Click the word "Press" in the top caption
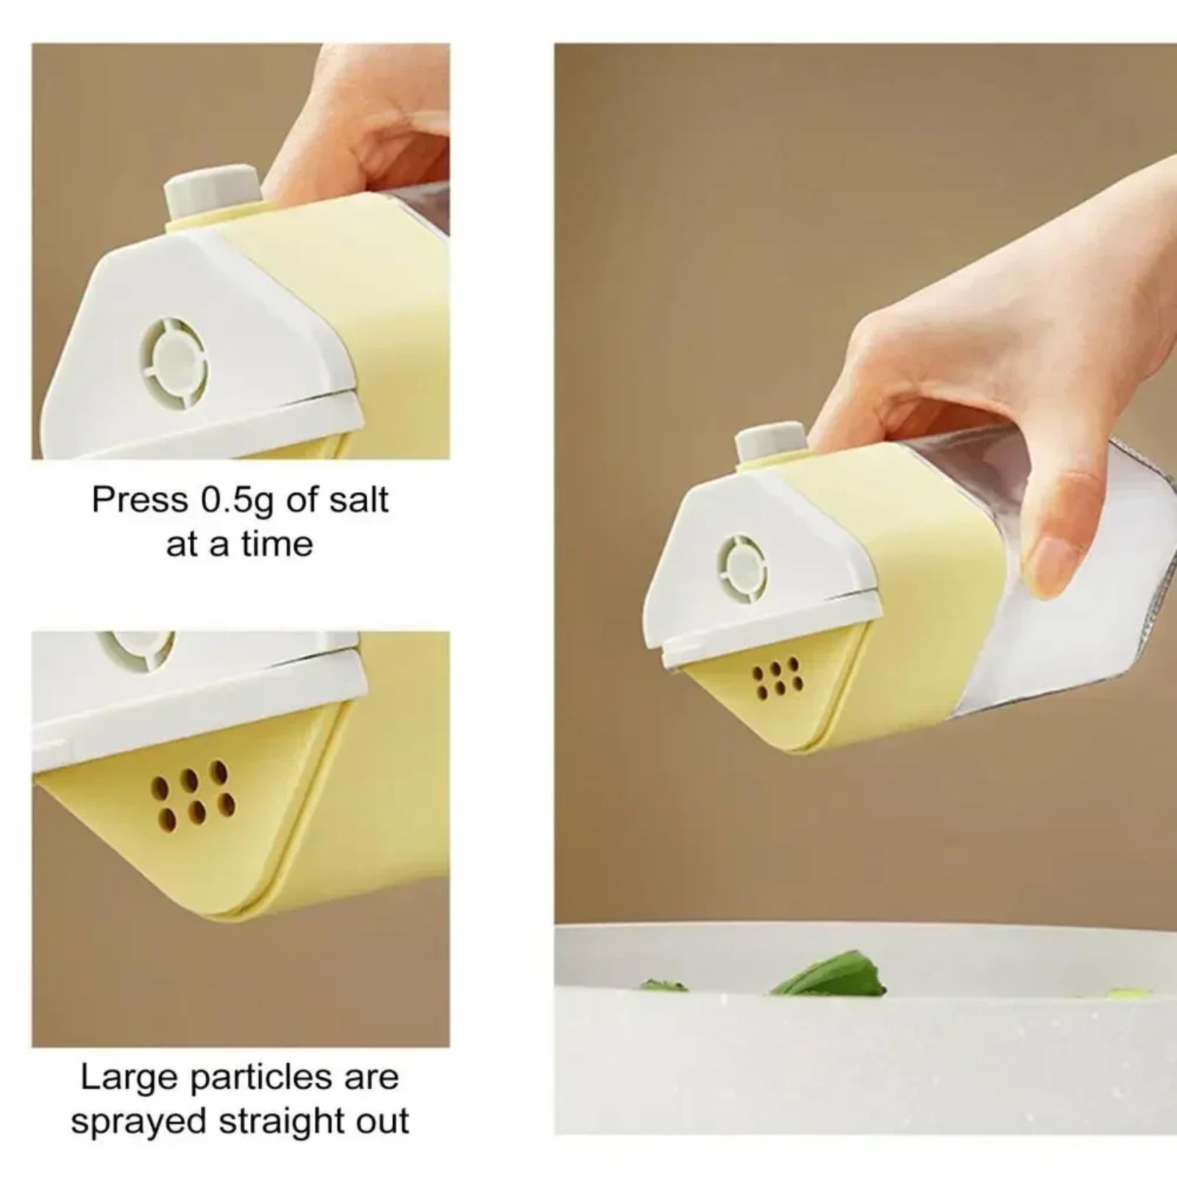pyautogui.click(x=140, y=500)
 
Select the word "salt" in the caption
pyautogui.click(x=358, y=500)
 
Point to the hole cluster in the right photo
pyautogui.click(x=776, y=678)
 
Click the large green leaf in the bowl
pyautogui.click(x=831, y=972)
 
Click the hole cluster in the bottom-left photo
pyautogui.click(x=193, y=796)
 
